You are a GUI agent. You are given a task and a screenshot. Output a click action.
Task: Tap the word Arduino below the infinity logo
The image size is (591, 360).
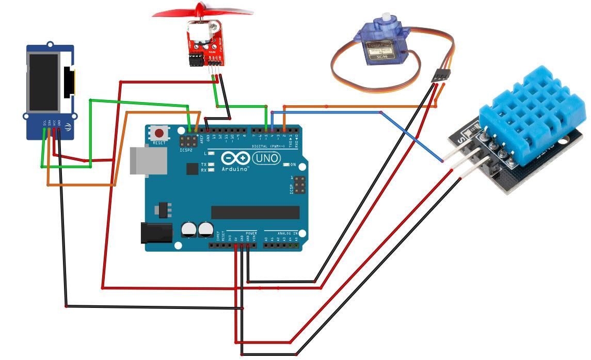pos(235,169)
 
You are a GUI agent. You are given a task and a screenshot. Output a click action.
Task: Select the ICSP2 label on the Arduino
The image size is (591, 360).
pos(186,151)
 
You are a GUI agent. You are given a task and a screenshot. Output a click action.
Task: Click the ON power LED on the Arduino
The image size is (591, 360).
pos(287,165)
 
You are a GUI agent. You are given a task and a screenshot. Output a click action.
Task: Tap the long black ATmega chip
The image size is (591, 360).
pos(255,212)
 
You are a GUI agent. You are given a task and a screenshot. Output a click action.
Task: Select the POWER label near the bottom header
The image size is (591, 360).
pos(251,233)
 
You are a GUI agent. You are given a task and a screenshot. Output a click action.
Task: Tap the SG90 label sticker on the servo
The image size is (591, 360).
pos(381,50)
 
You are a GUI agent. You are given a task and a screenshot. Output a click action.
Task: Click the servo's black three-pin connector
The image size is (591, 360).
pos(439,74)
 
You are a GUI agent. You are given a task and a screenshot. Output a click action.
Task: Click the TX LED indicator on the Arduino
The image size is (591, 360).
pos(211,164)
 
